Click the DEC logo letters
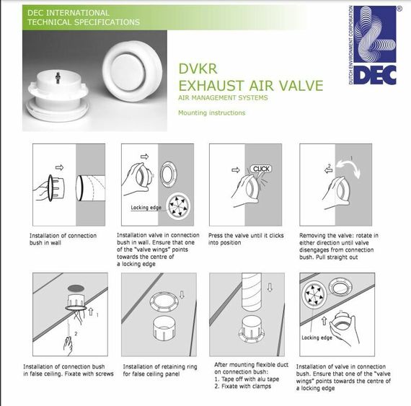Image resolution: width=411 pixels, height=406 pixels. point(376,75)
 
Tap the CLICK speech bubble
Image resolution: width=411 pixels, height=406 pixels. point(261,169)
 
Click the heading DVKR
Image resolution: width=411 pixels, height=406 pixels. point(198,69)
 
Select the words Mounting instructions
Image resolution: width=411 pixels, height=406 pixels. point(212,112)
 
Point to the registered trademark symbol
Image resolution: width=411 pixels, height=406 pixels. point(399,9)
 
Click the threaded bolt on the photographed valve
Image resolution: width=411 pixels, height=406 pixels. point(58,78)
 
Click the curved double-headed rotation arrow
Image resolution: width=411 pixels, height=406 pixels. point(349,169)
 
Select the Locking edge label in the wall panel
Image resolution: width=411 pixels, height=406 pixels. point(146,208)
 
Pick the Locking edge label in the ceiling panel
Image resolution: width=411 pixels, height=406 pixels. point(317,337)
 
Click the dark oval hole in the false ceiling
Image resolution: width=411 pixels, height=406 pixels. point(76,288)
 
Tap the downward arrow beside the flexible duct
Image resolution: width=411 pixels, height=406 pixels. point(270,288)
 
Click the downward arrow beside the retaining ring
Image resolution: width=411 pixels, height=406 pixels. point(182,294)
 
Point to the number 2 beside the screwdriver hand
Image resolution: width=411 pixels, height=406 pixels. point(76,334)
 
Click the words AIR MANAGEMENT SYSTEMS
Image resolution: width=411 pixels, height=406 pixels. point(223,98)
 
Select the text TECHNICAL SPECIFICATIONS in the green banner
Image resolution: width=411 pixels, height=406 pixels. point(84,22)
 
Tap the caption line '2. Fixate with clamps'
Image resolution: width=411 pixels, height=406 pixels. point(243,386)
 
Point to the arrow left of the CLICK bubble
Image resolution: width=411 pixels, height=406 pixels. point(236,170)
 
